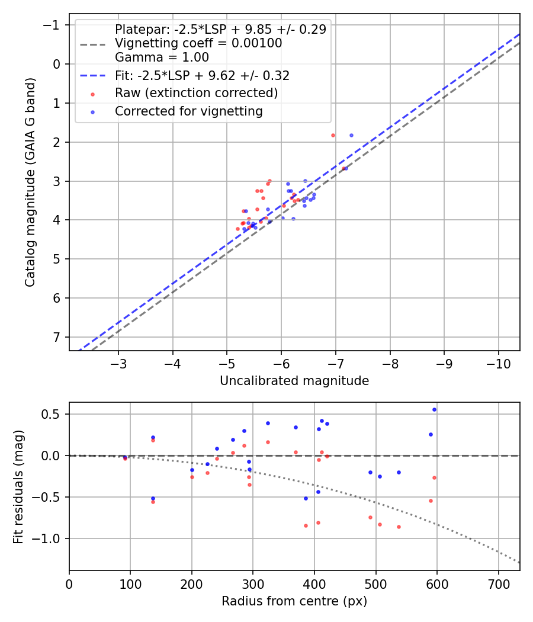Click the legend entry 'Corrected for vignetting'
click(x=188, y=111)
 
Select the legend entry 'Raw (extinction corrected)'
click(x=196, y=93)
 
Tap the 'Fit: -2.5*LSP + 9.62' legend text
click(x=201, y=76)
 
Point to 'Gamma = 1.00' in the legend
click(x=162, y=57)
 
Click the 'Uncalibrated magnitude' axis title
click(x=294, y=381)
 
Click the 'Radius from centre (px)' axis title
click(x=294, y=601)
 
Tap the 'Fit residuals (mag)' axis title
click(x=18, y=486)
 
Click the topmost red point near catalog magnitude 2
click(x=333, y=135)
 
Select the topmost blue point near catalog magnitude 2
click(x=351, y=135)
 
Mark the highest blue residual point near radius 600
click(x=434, y=409)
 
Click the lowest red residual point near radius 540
click(x=399, y=527)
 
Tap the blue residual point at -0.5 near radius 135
click(x=153, y=498)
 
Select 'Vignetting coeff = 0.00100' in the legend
click(x=198, y=43)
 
